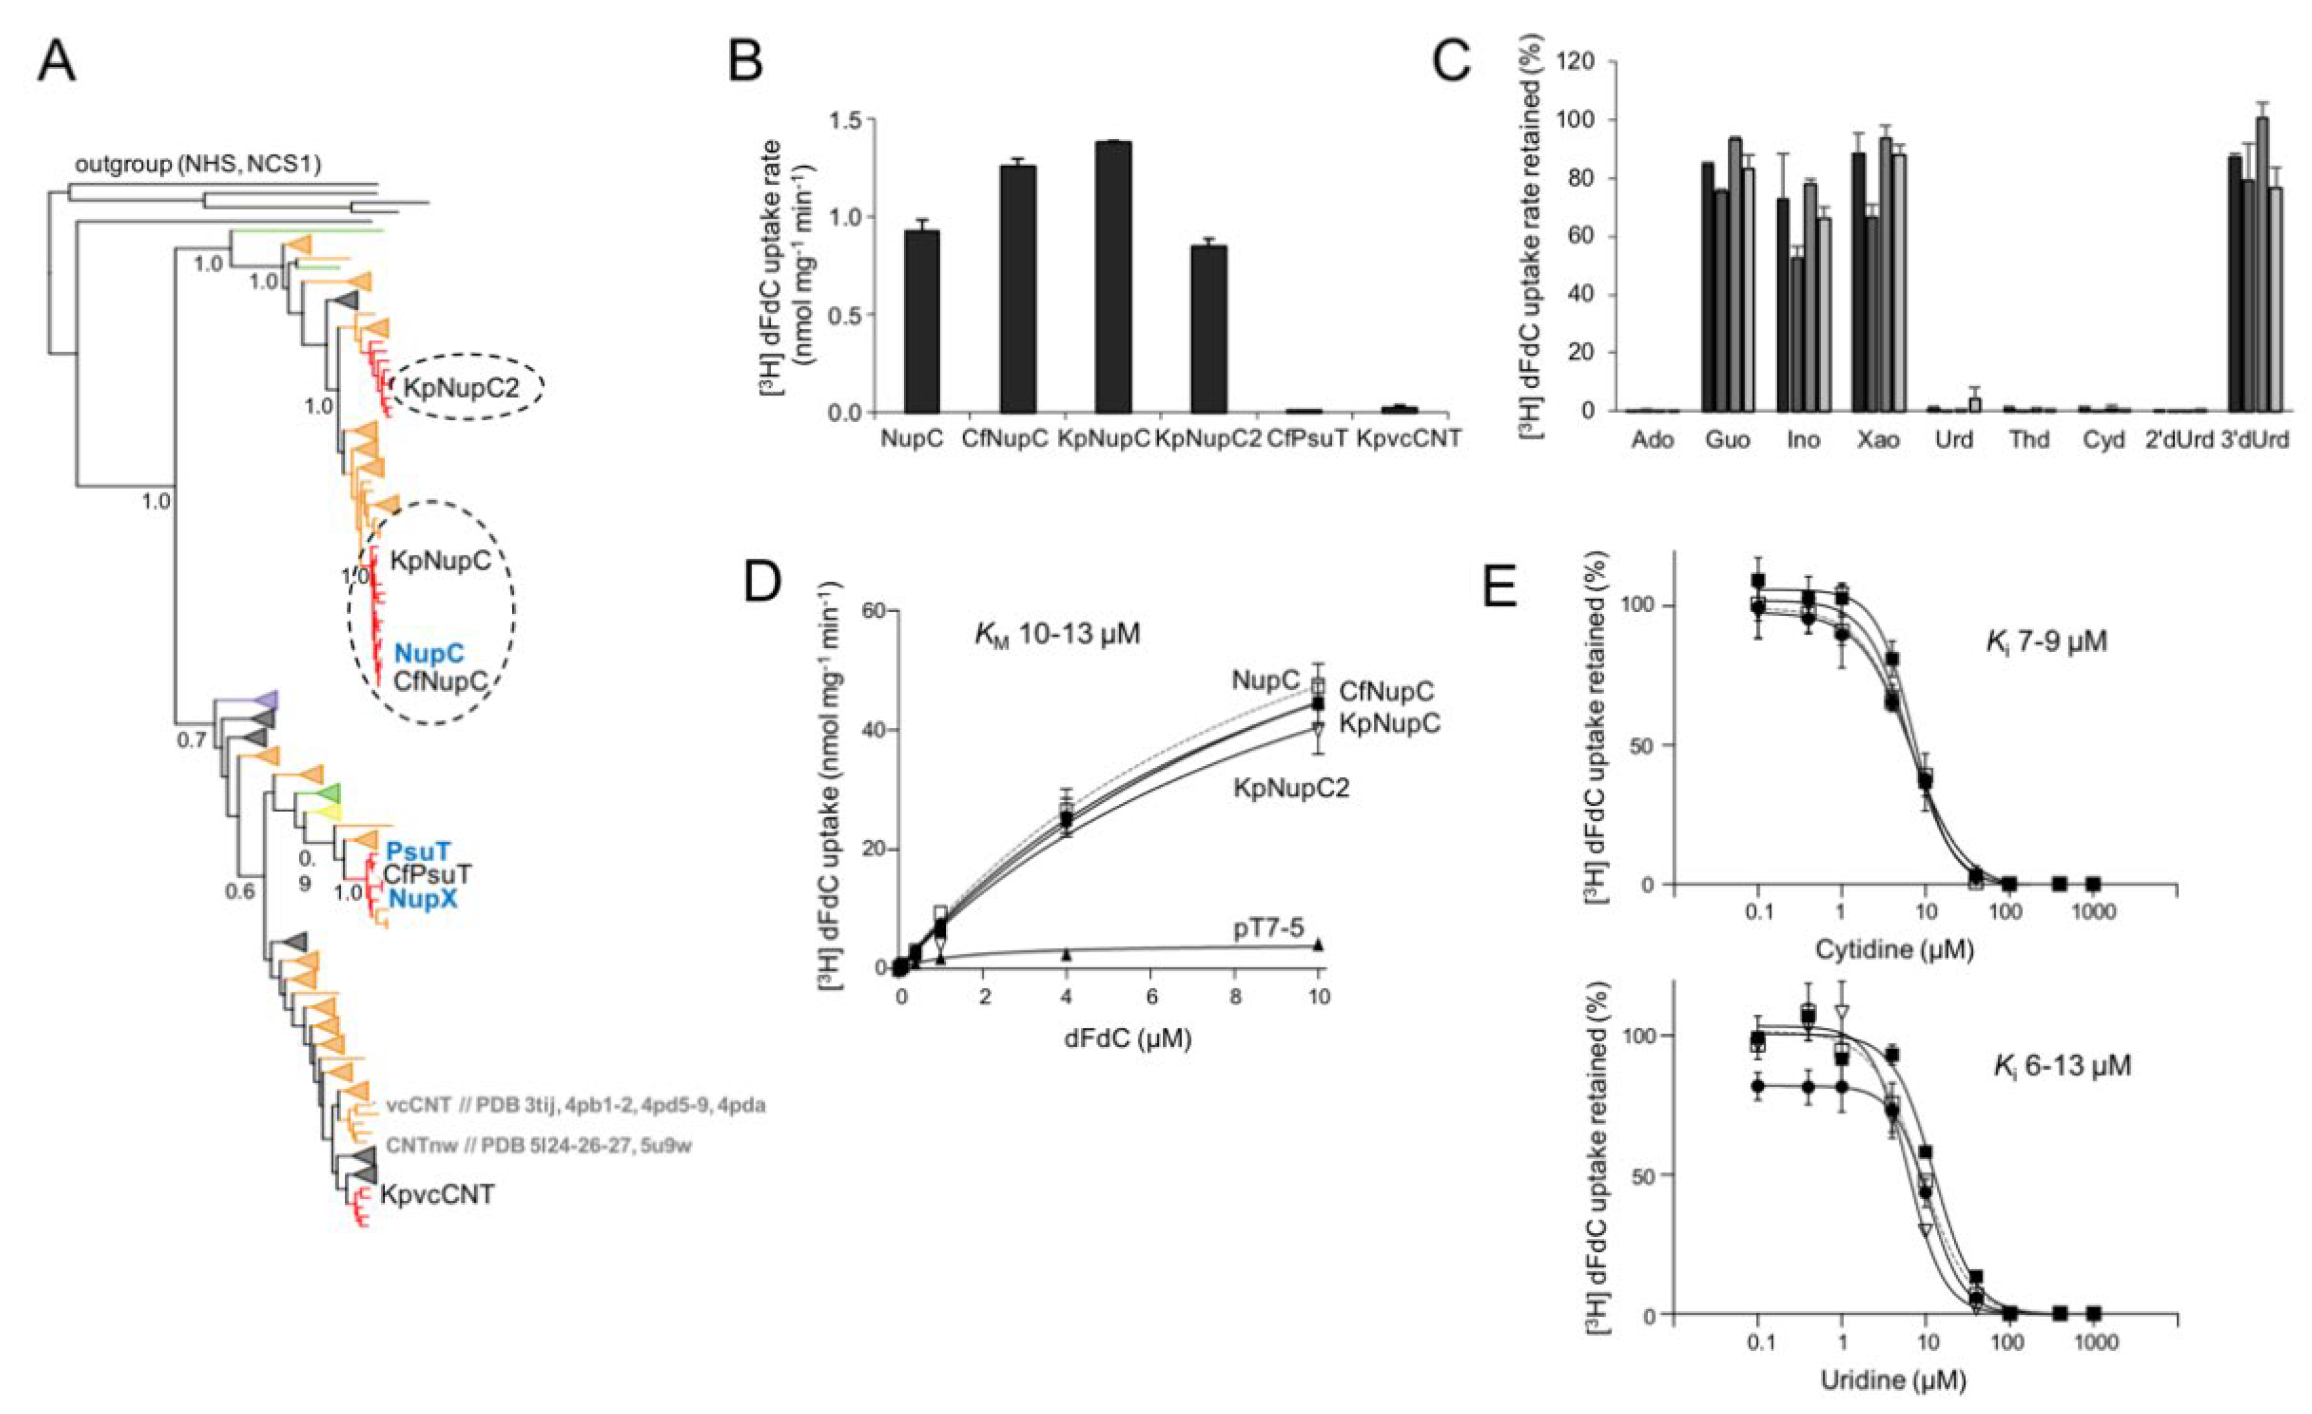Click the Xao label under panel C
[1878, 439]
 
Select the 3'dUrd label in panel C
[2256, 439]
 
